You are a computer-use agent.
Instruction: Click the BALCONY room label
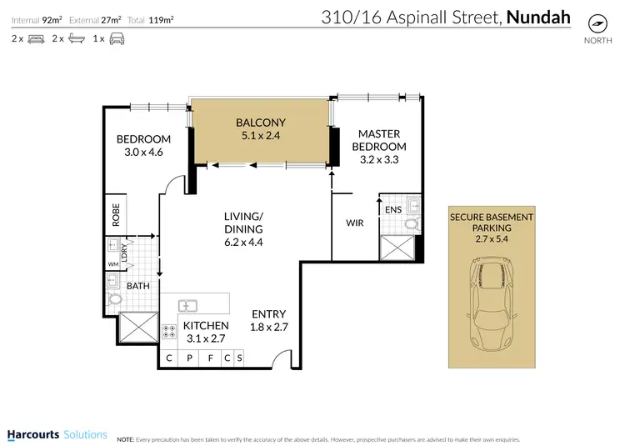pyautogui.click(x=260, y=123)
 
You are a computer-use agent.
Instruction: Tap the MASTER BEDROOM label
pyautogui.click(x=379, y=140)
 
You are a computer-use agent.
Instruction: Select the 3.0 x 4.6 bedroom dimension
pyautogui.click(x=143, y=153)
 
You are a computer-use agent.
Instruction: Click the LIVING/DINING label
pyautogui.click(x=243, y=223)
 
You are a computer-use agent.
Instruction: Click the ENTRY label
pyautogui.click(x=269, y=314)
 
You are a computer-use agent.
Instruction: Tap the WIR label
pyautogui.click(x=356, y=223)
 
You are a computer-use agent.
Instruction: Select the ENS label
pyautogui.click(x=393, y=210)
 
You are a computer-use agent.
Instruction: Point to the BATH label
pyautogui.click(x=137, y=284)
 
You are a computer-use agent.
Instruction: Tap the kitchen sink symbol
pyautogui.click(x=187, y=304)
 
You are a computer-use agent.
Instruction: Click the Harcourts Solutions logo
pyautogui.click(x=57, y=434)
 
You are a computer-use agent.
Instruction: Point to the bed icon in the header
pyautogui.click(x=36, y=38)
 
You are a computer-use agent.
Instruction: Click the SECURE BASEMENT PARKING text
pyautogui.click(x=491, y=223)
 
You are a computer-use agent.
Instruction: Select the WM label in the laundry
pyautogui.click(x=112, y=265)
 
